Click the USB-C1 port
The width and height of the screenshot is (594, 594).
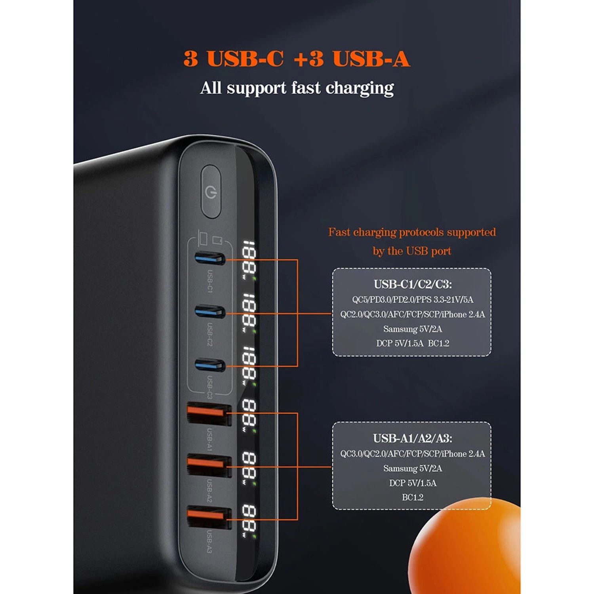[209, 259]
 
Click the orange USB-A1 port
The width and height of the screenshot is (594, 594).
[209, 413]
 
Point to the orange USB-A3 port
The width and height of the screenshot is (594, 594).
[209, 517]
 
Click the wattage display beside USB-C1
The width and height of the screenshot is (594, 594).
[249, 259]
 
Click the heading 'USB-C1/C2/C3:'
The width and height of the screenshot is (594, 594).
[413, 284]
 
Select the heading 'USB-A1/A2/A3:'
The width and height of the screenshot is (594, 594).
[412, 438]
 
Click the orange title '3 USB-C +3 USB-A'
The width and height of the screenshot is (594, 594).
[297, 59]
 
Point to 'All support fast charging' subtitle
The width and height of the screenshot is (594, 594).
[297, 88]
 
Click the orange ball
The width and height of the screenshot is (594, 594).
[467, 550]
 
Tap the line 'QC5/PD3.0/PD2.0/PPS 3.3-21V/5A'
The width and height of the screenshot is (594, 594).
[413, 300]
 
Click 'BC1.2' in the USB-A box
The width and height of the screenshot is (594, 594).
[412, 497]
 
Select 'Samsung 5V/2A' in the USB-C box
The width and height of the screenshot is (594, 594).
[412, 329]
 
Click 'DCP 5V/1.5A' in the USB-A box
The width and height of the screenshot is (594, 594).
[412, 483]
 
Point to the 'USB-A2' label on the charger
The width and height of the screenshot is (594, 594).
[209, 490]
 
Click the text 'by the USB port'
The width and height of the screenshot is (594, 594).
[412, 251]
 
